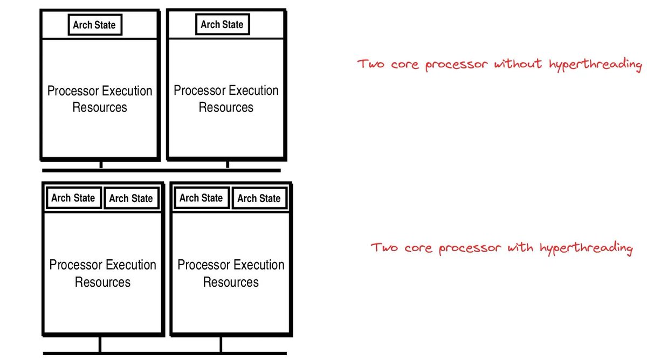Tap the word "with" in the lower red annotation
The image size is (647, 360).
tap(520, 248)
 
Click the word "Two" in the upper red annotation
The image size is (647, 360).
tap(371, 64)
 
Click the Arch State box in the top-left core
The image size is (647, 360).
tap(94, 25)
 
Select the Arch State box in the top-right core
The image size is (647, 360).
tap(222, 25)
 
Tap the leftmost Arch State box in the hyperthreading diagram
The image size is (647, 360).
tap(73, 198)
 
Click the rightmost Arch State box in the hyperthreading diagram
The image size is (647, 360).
tap(259, 198)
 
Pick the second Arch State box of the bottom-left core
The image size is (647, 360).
tap(131, 198)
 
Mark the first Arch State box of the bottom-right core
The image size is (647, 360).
tap(201, 198)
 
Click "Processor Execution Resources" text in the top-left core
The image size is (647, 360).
tap(100, 99)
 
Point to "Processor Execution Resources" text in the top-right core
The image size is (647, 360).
tap(226, 99)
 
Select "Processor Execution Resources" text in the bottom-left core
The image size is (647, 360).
tap(102, 273)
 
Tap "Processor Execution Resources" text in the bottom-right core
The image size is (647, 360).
tap(231, 273)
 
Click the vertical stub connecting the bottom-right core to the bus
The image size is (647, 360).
tap(221, 344)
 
